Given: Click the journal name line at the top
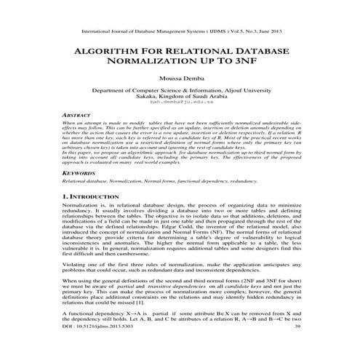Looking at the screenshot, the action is tap(180, 32).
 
